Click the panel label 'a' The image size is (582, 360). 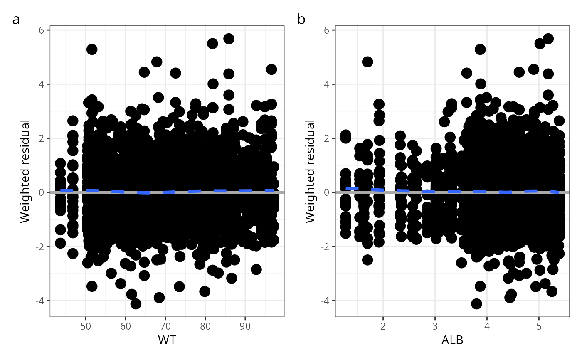(x=16, y=20)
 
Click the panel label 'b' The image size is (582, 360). (x=301, y=20)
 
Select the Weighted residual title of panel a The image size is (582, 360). (x=26, y=171)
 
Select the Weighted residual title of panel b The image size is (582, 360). (x=311, y=171)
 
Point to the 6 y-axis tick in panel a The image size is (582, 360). (x=42, y=30)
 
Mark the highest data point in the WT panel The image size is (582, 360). (x=229, y=39)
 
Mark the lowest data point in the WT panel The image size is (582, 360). (x=136, y=304)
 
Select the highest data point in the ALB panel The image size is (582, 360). (x=548, y=39)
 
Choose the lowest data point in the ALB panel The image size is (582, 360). (x=476, y=304)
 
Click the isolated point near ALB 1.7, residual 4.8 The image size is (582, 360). (x=367, y=62)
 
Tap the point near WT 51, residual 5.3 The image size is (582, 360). (x=92, y=49)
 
